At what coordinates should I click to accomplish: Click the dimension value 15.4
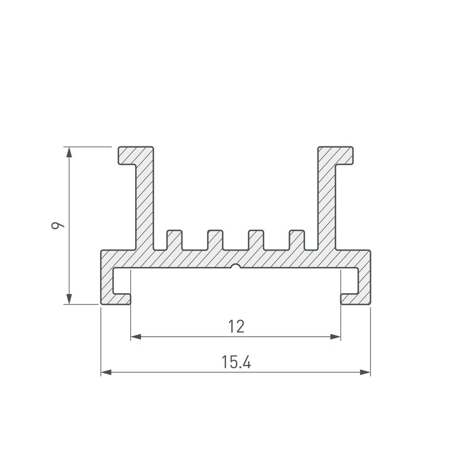tap(236, 362)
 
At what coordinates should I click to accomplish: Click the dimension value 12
tap(236, 326)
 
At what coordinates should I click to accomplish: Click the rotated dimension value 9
tap(58, 225)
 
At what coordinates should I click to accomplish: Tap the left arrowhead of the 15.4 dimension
tap(106, 372)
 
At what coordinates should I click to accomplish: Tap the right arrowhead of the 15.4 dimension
tap(365, 372)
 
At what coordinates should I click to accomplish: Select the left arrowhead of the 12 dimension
tap(136, 337)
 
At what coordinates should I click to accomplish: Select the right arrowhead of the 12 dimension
tap(335, 337)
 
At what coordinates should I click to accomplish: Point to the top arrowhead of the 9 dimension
tap(69, 152)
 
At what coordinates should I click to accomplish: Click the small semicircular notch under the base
tap(236, 266)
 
